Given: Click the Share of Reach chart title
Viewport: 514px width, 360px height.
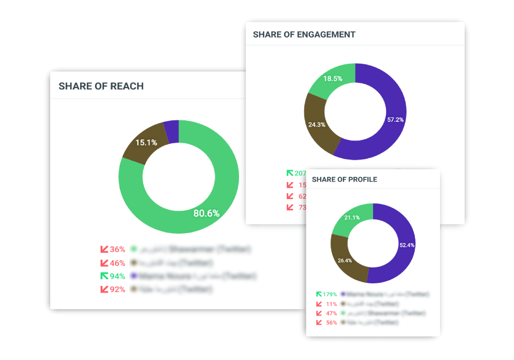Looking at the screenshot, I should pyautogui.click(x=101, y=86).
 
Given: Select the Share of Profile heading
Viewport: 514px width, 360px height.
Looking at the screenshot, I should pyautogui.click(x=344, y=179).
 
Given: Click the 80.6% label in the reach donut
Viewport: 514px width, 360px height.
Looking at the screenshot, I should pyautogui.click(x=207, y=213).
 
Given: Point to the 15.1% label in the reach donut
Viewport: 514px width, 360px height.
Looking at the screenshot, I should pyautogui.click(x=146, y=142).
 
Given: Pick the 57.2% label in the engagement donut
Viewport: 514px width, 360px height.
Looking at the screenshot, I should pyautogui.click(x=395, y=120).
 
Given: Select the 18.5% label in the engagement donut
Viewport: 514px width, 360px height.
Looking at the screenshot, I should pyautogui.click(x=333, y=79).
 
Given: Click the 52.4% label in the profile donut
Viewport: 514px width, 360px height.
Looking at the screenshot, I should pyautogui.click(x=407, y=245).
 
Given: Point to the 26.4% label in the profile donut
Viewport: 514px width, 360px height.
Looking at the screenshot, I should pyautogui.click(x=344, y=260).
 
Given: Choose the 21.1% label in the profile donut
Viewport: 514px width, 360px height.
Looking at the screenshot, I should pyautogui.click(x=352, y=218).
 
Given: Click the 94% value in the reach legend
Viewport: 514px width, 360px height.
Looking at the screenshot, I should pyautogui.click(x=117, y=276).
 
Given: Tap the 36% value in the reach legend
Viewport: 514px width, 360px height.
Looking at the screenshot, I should pyautogui.click(x=117, y=249).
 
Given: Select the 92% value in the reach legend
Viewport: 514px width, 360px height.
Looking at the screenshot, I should pyautogui.click(x=117, y=290).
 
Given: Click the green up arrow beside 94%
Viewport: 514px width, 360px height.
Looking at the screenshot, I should pyautogui.click(x=104, y=276).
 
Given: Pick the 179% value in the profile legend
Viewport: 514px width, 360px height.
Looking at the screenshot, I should pyautogui.click(x=329, y=294).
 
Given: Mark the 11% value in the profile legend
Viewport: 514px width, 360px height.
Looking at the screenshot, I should pyautogui.click(x=332, y=304).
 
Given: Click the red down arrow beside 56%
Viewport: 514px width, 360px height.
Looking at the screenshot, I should pyautogui.click(x=319, y=322).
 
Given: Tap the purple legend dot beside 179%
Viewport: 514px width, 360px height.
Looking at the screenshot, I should pyautogui.click(x=343, y=294).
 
